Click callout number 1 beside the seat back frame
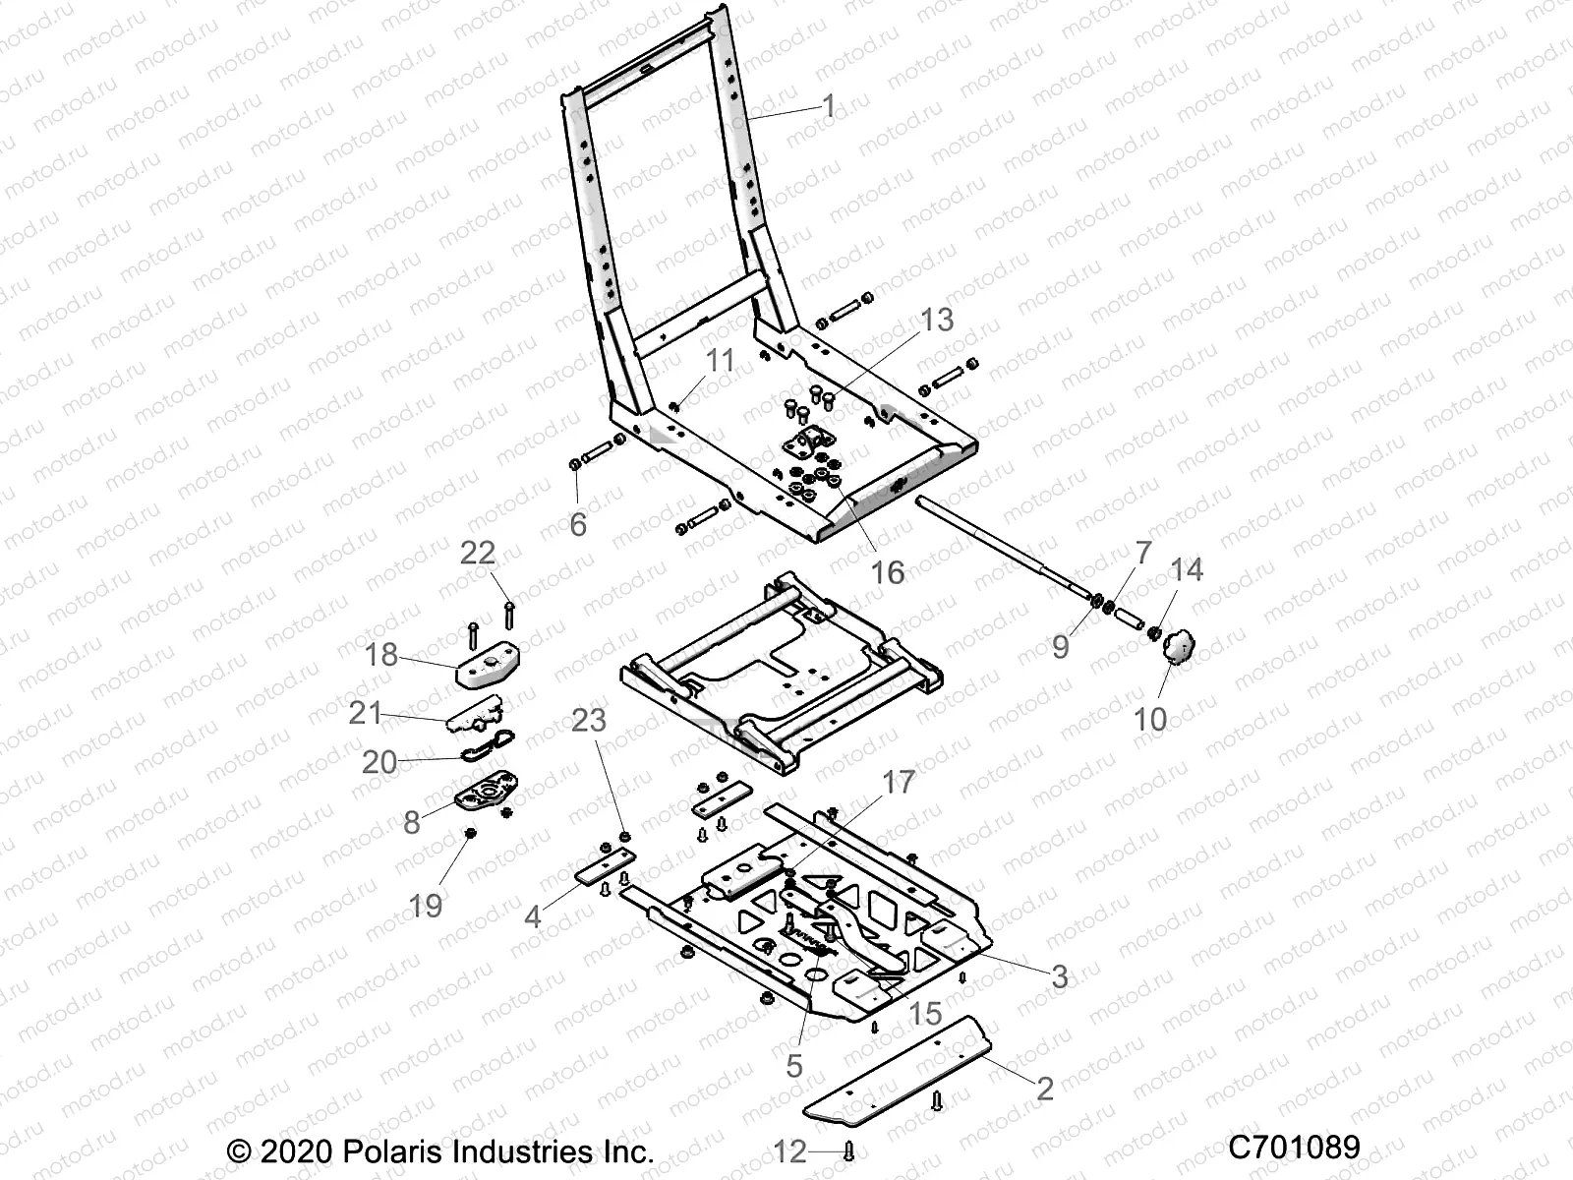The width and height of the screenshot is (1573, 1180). [828, 106]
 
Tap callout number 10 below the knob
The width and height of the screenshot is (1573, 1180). [1150, 719]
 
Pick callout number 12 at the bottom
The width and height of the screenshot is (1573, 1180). [790, 1150]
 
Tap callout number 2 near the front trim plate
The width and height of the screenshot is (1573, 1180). [1045, 1088]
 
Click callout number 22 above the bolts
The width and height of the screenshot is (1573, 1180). [479, 553]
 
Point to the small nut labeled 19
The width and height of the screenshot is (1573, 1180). [470, 835]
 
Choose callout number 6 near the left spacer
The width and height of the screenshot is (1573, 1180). [578, 524]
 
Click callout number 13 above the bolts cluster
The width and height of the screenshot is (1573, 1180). [937, 320]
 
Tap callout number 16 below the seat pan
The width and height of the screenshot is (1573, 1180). [888, 572]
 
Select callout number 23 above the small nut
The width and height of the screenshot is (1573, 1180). [589, 721]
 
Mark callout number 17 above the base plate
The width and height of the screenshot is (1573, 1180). [899, 783]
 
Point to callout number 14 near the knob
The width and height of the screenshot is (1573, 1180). [1187, 570]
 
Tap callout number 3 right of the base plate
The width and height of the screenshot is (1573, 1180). [1060, 976]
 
